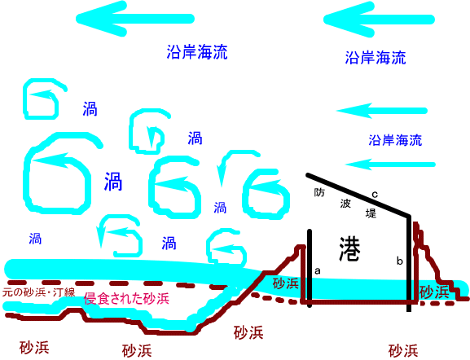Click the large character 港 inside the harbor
[x=349, y=249]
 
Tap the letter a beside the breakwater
[x=318, y=271]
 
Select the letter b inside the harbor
[x=400, y=261]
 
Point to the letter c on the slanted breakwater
[x=375, y=195]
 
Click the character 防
[x=319, y=192]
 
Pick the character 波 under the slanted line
[x=345, y=204]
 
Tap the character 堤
[x=371, y=213]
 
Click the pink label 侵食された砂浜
[x=126, y=299]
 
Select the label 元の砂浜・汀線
[x=38, y=292]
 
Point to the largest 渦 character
[x=113, y=182]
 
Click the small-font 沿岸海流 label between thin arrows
[x=395, y=140]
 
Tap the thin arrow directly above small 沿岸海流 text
[x=381, y=111]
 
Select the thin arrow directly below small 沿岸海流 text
[x=390, y=165]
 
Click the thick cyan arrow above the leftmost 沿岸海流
[x=135, y=19]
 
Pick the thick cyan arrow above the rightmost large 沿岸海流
[x=379, y=20]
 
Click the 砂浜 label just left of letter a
[x=286, y=283]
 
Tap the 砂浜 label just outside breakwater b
[x=434, y=292]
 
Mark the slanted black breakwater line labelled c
[x=358, y=194]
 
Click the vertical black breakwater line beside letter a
[x=310, y=268]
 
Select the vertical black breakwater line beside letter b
[x=409, y=263]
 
